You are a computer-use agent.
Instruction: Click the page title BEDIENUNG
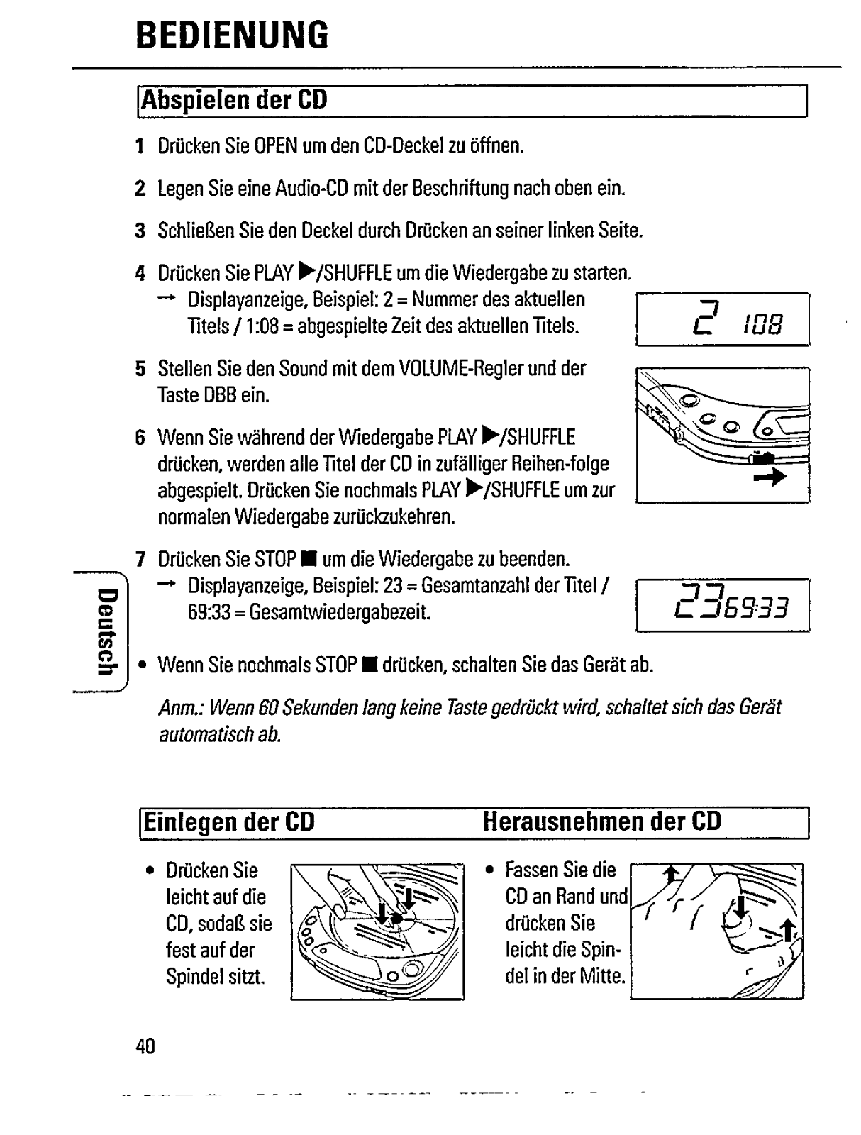coord(233,34)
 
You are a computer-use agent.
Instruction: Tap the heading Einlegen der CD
coord(229,822)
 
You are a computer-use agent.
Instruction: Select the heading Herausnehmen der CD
coord(601,821)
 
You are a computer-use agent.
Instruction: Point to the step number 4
coord(140,273)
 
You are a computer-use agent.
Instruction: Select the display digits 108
coord(763,326)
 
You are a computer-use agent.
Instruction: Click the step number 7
coord(140,560)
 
